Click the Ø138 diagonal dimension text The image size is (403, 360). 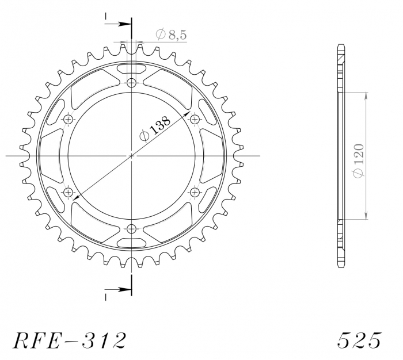point(155,129)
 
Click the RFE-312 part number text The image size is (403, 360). point(68,340)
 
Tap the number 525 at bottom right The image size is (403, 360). point(359,340)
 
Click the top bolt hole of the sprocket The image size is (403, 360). point(132,83)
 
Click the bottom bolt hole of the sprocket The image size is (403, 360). point(132,229)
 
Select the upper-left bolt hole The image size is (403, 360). point(69,119)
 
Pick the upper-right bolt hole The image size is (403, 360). point(195,119)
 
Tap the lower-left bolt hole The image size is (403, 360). point(69,192)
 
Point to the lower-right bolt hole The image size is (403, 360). point(195,192)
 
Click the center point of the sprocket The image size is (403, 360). point(132,156)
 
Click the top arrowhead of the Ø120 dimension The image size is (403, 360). point(365,95)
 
